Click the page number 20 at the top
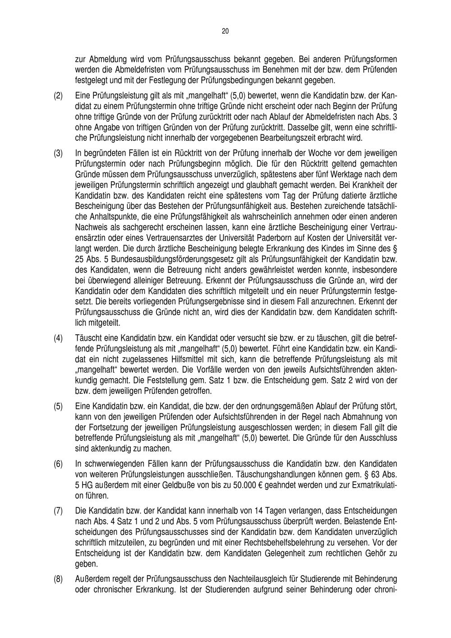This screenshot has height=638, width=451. coord(225,31)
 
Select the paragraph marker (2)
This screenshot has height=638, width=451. coord(58,97)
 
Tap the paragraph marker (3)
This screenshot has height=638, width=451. coord(58,153)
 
